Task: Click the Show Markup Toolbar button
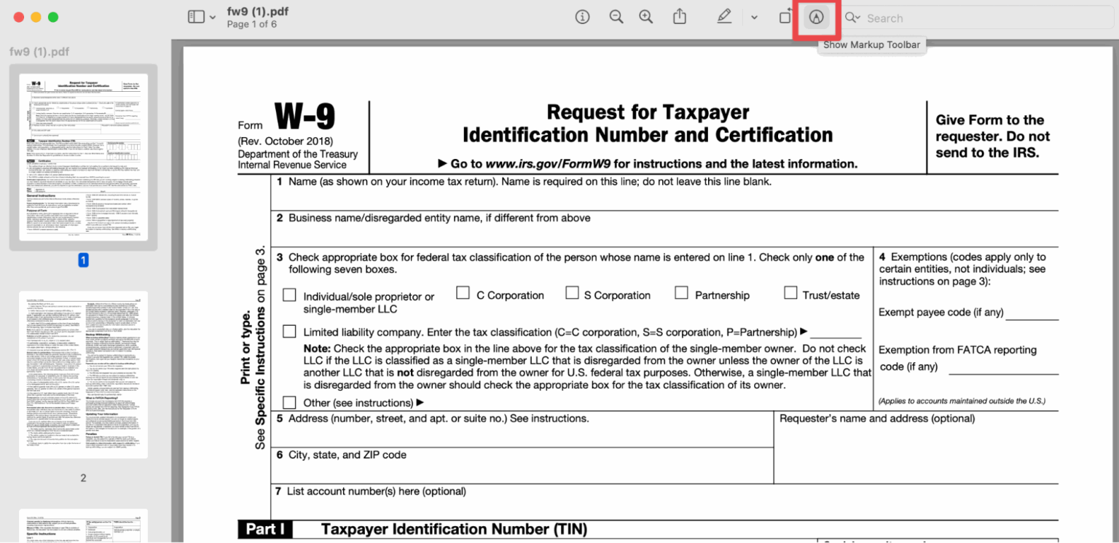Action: (816, 17)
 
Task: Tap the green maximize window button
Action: (52, 17)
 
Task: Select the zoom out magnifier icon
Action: (616, 17)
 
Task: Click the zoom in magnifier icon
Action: (646, 17)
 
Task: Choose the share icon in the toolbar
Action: (680, 17)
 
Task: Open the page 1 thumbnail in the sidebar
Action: (83, 157)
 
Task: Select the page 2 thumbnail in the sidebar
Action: (83, 375)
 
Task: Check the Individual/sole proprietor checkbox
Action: (289, 295)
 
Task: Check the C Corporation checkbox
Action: (463, 293)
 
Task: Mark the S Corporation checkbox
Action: (572, 293)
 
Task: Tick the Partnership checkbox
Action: (681, 293)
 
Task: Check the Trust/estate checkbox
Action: (790, 293)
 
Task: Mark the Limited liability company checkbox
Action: (289, 332)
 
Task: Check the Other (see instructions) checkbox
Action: (289, 402)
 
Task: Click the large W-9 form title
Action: (305, 117)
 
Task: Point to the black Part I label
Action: (265, 529)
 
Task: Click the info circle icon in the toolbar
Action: (582, 17)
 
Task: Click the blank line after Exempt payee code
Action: (1032, 314)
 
